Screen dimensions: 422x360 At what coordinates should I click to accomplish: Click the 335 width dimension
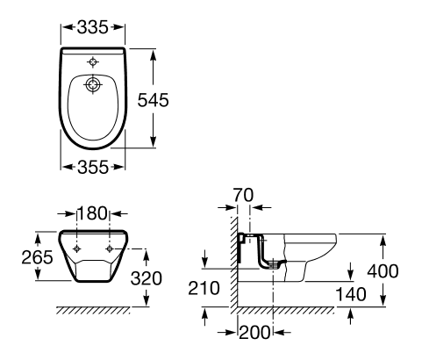tap(93, 27)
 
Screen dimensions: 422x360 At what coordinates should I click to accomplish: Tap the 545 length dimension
tap(153, 100)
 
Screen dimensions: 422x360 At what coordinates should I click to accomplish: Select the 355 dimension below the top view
tap(93, 168)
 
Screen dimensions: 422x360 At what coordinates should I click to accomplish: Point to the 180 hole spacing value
tap(92, 213)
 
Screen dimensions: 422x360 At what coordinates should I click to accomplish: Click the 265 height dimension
tap(37, 257)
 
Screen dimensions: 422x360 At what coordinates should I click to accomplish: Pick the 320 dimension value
tap(147, 278)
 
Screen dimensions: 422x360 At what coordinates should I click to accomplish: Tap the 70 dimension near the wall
tap(243, 195)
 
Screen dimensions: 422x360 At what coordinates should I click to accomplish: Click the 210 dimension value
tap(204, 288)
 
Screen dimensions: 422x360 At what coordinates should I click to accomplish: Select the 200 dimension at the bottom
tap(254, 333)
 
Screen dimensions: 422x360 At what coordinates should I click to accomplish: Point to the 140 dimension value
tap(351, 294)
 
